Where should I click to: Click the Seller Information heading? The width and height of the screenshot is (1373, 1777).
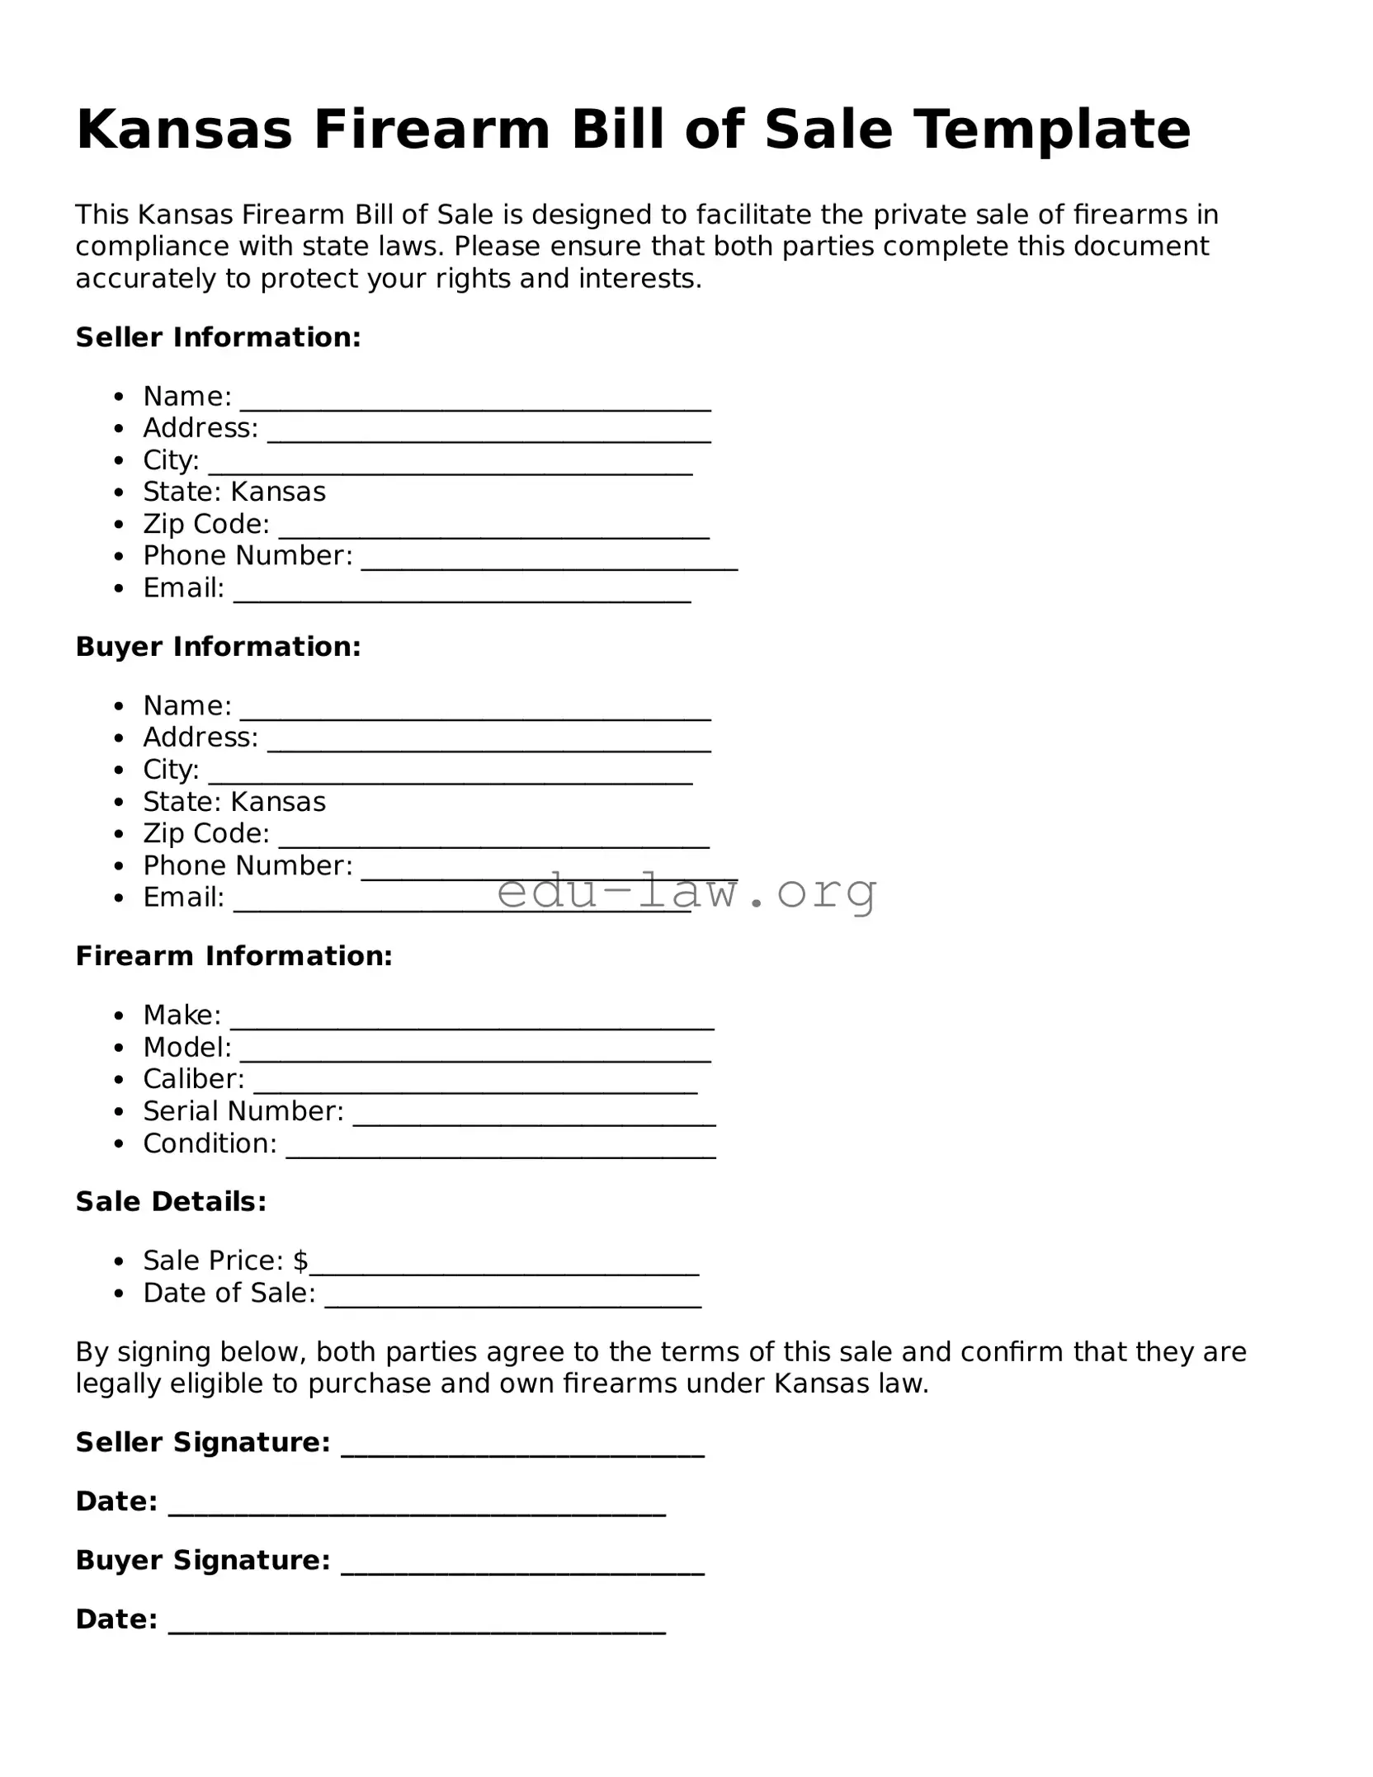click(218, 337)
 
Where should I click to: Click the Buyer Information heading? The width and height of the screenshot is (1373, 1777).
click(218, 647)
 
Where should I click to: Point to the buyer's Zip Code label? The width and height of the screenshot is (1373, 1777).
click(206, 833)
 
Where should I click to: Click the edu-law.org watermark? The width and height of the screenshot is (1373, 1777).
click(686, 891)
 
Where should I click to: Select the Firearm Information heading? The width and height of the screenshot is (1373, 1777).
click(234, 956)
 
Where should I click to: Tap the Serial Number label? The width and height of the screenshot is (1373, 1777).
click(243, 1111)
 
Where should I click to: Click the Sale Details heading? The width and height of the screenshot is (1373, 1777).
click(171, 1202)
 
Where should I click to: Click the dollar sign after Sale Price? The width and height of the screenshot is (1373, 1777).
click(300, 1261)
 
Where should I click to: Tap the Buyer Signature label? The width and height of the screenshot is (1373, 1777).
click(202, 1560)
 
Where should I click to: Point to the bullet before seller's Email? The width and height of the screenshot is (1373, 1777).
click(120, 589)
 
